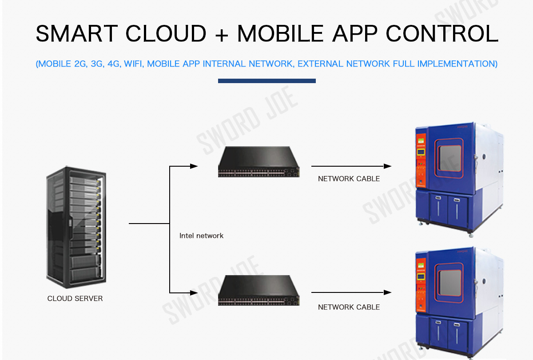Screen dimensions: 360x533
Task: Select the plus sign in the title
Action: point(221,34)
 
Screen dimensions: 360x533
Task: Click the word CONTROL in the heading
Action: point(442,33)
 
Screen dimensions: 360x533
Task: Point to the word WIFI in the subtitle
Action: point(133,64)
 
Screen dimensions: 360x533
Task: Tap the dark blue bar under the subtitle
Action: point(266,81)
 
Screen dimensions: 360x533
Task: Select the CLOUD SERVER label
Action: point(75,299)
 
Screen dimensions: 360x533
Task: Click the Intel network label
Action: point(201,236)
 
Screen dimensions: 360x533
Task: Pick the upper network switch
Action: point(259,162)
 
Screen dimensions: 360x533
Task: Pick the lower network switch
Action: point(259,290)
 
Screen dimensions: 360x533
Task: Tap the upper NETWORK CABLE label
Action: point(349,179)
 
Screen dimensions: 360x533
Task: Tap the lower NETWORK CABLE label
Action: point(349,307)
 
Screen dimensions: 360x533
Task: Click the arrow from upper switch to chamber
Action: point(351,166)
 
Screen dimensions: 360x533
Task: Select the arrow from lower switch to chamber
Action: point(351,292)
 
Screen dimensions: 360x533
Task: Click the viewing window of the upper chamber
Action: point(449,159)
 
